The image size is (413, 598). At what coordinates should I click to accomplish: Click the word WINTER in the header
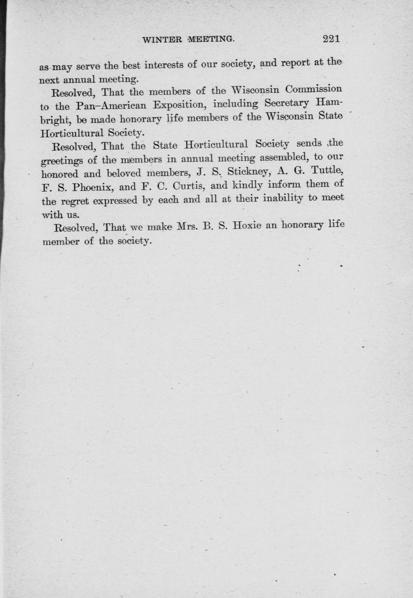tap(162, 40)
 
